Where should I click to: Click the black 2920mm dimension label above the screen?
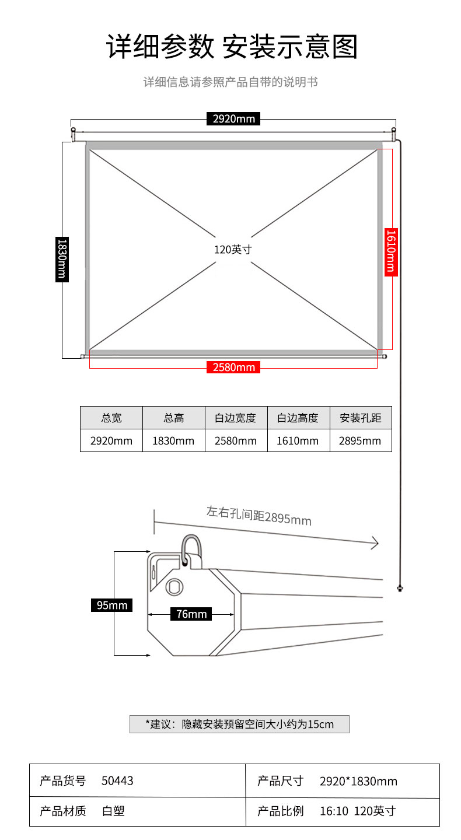tap(233, 118)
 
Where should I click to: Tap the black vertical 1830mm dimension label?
tap(62, 259)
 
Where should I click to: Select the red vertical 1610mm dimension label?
tap(391, 252)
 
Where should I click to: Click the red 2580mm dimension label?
tap(233, 367)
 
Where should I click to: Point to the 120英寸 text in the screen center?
tap(233, 250)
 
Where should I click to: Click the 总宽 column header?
tap(111, 418)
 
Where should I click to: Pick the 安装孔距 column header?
tap(361, 418)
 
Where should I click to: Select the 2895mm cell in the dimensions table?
tap(360, 440)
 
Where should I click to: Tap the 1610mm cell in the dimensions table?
tap(298, 440)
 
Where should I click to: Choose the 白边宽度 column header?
tap(236, 418)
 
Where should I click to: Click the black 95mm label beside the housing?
tap(112, 605)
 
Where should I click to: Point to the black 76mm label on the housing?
tap(191, 614)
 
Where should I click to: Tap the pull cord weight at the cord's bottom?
tap(400, 589)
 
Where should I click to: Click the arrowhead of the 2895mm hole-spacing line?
tap(375, 543)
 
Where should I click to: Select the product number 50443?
tap(117, 780)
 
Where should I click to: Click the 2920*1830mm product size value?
tap(358, 781)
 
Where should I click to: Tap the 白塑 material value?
tap(113, 811)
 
